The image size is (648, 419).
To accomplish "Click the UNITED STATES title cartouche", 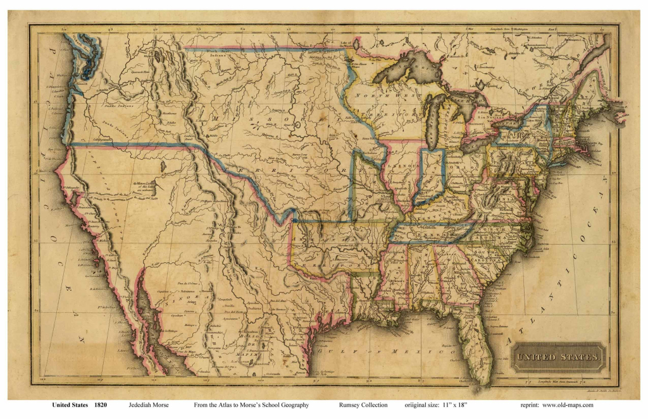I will tap(558, 358).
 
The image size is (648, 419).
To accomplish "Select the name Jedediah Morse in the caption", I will tap(149, 405).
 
